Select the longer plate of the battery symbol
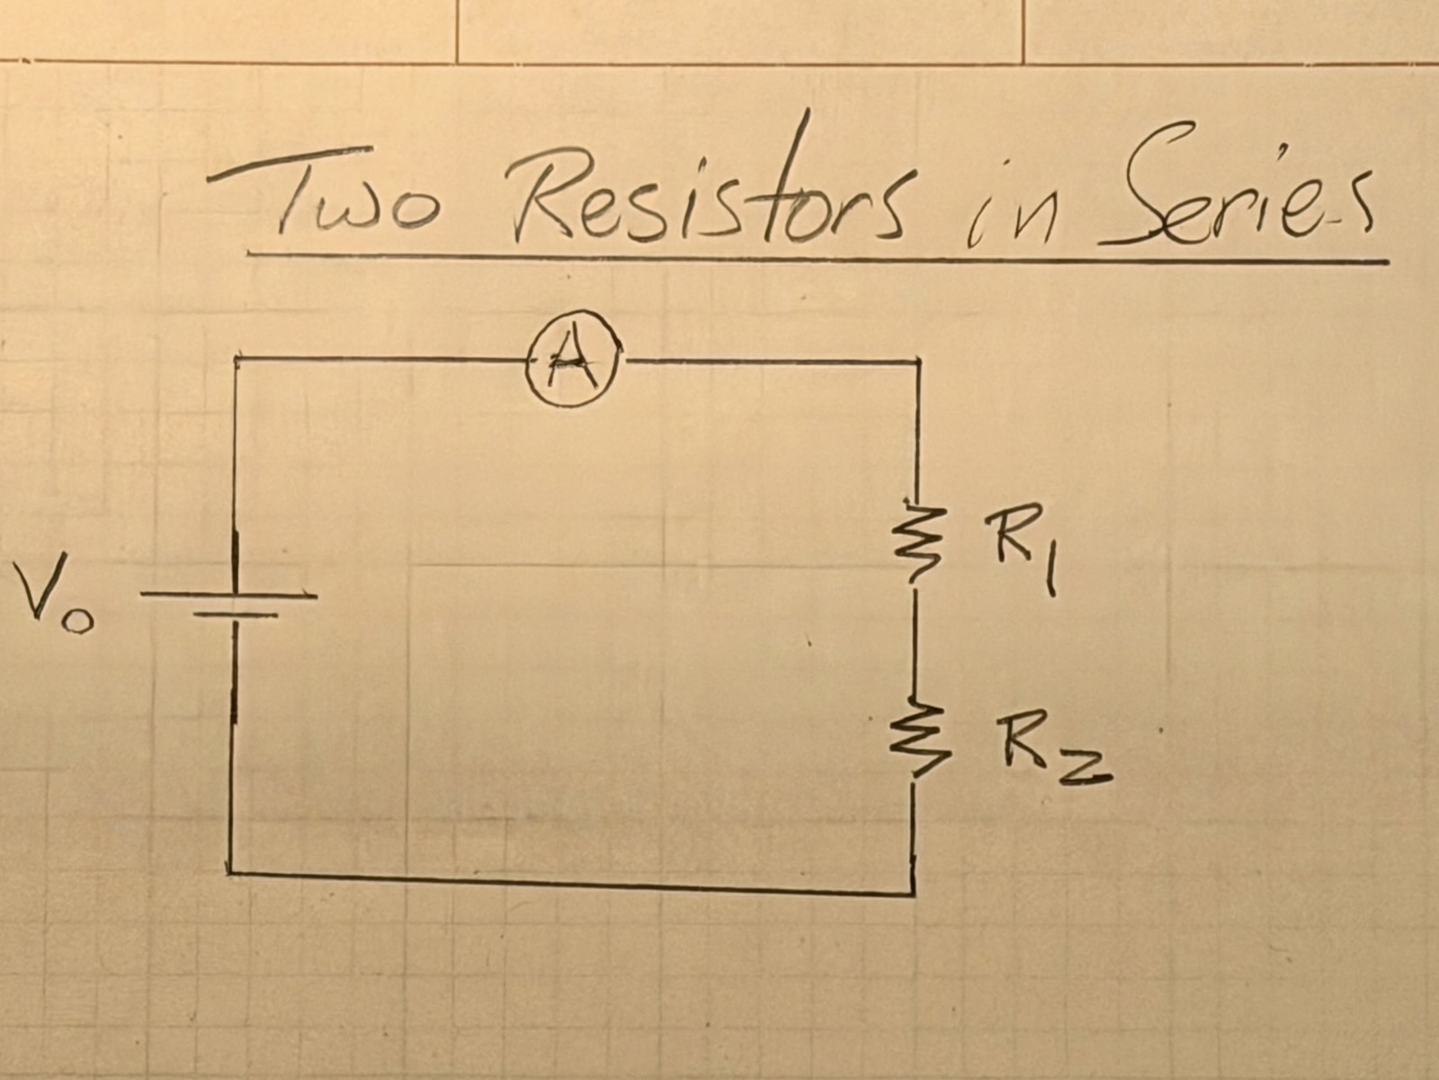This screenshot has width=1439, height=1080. pyautogui.click(x=229, y=595)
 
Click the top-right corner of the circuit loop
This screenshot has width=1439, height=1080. pyautogui.click(x=917, y=362)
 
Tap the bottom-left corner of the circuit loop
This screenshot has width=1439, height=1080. pyautogui.click(x=230, y=871)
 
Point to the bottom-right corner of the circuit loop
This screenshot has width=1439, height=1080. pyautogui.click(x=914, y=894)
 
